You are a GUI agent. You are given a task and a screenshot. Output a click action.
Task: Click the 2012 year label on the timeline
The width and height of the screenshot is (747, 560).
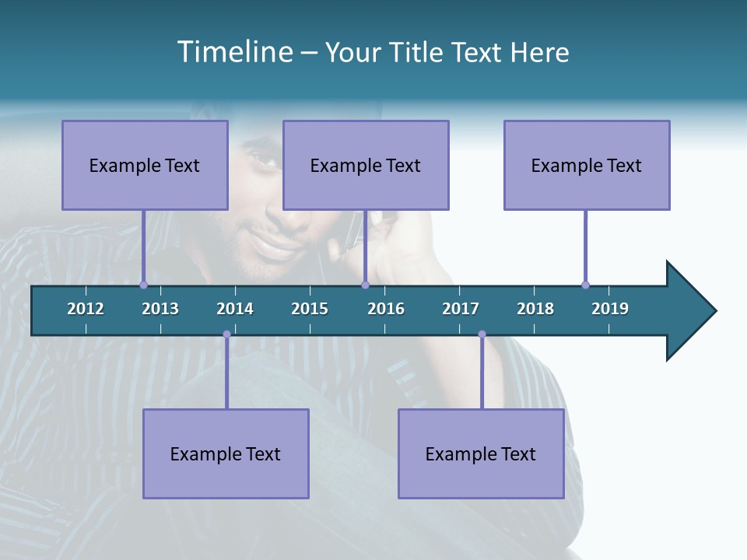click(86, 309)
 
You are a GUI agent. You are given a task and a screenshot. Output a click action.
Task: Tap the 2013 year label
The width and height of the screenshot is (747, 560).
click(160, 309)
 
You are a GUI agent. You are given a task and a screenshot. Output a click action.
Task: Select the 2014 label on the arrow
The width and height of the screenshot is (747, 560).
click(235, 309)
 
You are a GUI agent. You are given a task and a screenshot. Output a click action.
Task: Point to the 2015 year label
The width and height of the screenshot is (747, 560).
click(310, 309)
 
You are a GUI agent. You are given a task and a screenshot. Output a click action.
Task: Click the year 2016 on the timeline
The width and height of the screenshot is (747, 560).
click(386, 309)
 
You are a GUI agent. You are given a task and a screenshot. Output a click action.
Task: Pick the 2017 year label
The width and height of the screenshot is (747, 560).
click(461, 309)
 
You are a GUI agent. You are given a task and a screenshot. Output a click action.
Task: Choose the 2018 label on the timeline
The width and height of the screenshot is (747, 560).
click(535, 309)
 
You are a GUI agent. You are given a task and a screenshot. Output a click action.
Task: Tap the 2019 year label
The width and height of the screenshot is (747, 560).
click(610, 309)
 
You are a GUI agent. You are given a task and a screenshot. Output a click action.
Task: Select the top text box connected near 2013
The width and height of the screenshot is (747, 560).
click(145, 165)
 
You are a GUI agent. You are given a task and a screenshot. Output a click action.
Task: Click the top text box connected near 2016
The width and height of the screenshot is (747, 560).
click(366, 165)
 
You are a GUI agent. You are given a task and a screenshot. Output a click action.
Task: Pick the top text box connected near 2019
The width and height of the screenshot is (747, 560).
click(587, 165)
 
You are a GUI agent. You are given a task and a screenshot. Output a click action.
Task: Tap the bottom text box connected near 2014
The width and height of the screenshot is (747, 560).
click(226, 453)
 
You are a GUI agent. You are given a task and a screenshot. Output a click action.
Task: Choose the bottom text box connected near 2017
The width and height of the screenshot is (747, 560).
click(481, 453)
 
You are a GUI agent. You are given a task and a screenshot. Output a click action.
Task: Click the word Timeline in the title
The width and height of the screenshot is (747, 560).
click(235, 52)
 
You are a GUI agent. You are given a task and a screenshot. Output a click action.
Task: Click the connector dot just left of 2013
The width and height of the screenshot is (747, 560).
click(143, 285)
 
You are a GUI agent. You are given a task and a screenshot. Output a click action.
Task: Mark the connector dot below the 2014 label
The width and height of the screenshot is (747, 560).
click(226, 334)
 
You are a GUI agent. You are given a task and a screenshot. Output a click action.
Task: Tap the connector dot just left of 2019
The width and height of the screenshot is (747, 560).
click(585, 285)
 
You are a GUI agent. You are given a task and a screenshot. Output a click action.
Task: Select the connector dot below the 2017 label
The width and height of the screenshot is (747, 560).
click(482, 334)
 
